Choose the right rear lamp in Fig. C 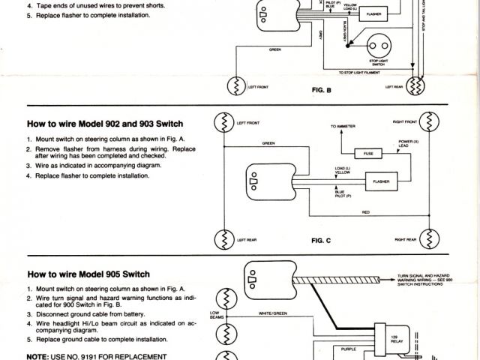tap(428, 239)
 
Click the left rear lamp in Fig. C tap(223, 239)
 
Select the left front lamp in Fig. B tap(238, 87)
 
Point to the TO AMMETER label tap(334, 127)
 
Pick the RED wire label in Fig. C tap(365, 212)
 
